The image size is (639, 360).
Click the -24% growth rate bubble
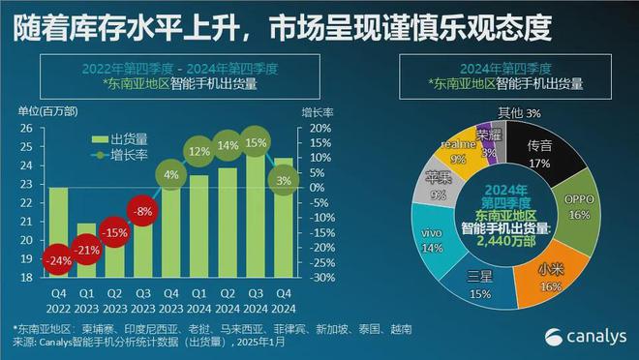tap(58, 259)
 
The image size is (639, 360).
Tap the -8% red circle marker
tap(143, 211)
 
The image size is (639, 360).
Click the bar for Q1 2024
tap(199, 223)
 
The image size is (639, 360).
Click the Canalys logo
tap(580, 335)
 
